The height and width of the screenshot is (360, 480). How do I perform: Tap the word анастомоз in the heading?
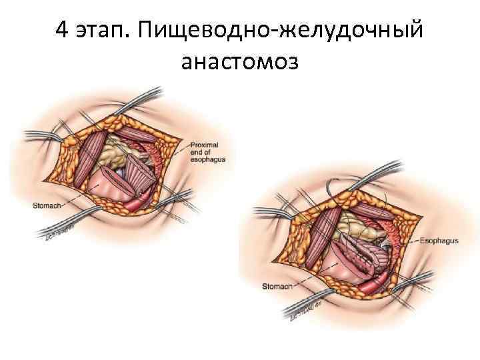click(x=240, y=61)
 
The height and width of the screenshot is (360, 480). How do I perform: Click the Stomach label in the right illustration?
click(x=273, y=287)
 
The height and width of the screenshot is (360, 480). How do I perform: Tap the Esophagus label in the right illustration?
click(x=439, y=240)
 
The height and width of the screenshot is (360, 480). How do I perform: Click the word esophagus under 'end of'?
click(x=207, y=160)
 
